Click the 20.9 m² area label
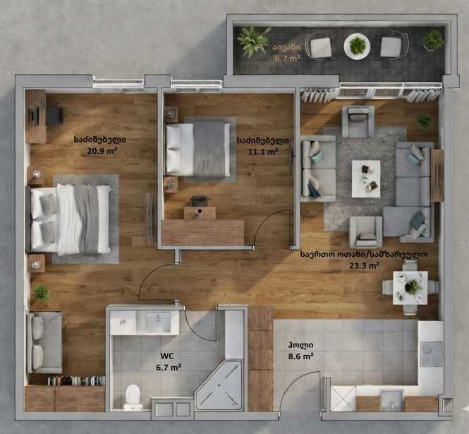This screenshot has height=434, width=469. coord(102,151)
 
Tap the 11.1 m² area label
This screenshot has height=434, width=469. coord(262,152)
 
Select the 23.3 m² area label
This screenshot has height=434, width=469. coord(365,265)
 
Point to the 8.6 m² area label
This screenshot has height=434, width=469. coord(300,356)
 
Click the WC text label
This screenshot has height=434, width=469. coord(167,356)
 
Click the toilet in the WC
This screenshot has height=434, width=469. coord(133,397)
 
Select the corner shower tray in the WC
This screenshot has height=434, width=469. coord(219,385)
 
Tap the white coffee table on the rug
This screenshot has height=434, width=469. coord(366,179)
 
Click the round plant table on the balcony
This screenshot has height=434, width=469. coord(357,47)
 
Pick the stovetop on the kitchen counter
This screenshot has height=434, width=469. coord(432,354)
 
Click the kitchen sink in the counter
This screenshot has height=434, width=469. coord(391,400)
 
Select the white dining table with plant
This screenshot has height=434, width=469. coord(410,288)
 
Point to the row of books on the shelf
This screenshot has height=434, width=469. coord(76,381)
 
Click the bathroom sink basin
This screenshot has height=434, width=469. coord(158,322)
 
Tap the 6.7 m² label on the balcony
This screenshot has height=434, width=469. coord(288,59)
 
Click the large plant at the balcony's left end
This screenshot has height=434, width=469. coord(253,41)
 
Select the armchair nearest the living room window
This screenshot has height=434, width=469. coord(358,121)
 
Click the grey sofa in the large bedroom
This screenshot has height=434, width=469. coord(45,342)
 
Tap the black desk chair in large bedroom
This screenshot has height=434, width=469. coord(55,114)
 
